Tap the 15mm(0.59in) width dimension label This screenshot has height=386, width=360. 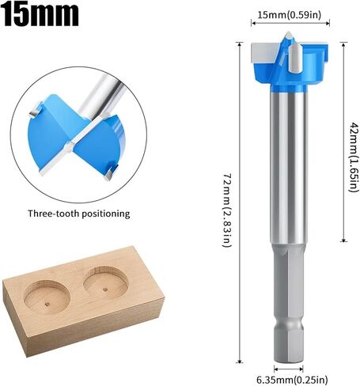pos(290,15)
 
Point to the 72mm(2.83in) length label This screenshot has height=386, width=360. pos(227,210)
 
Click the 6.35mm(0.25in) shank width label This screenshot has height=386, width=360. pos(292,380)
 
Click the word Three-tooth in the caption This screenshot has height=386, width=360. pos(54,213)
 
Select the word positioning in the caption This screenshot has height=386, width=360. pos(106,214)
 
